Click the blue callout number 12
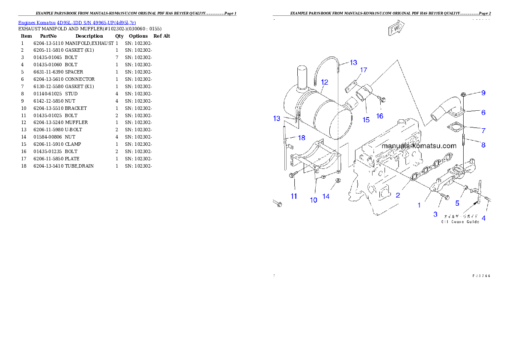coord(325,82)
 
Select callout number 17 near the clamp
coord(364,70)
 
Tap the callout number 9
coord(483,93)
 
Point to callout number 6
coord(483,112)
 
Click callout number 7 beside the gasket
coord(483,130)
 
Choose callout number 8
coord(483,145)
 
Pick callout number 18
coord(302,138)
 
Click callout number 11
coord(294,196)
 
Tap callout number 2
coord(398,195)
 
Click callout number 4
coord(484,218)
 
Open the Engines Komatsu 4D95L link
coord(77,23)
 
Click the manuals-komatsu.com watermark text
coord(419,145)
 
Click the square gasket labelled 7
coord(456,127)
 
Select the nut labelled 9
coord(464,94)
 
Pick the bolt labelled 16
coord(383,100)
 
